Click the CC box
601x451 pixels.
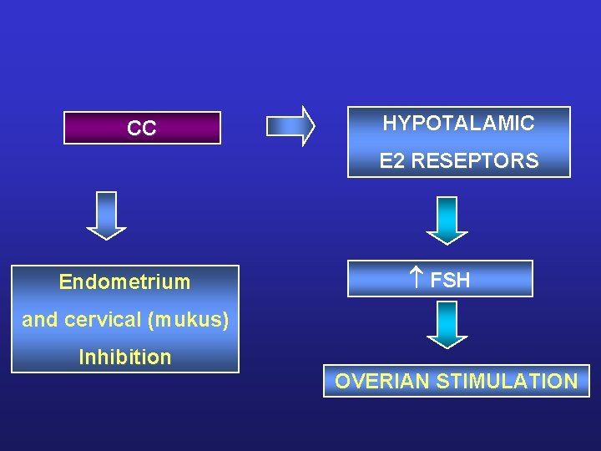coord(142,129)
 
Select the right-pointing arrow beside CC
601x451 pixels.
coord(290,126)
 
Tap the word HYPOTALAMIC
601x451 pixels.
coord(458,124)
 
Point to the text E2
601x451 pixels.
coord(391,161)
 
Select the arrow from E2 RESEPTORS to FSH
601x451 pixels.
coord(447,220)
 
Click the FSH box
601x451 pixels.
coord(440,279)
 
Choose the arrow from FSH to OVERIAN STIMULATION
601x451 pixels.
coord(447,324)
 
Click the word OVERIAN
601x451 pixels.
coord(382,382)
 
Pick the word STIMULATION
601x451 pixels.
coord(507,382)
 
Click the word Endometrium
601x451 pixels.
coord(124,282)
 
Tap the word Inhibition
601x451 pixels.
coord(124,357)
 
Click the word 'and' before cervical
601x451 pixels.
coord(39,320)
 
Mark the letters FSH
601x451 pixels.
coord(450,281)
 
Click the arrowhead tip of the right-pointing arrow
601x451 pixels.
coord(313,126)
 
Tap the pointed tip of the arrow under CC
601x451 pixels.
coord(107,237)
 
